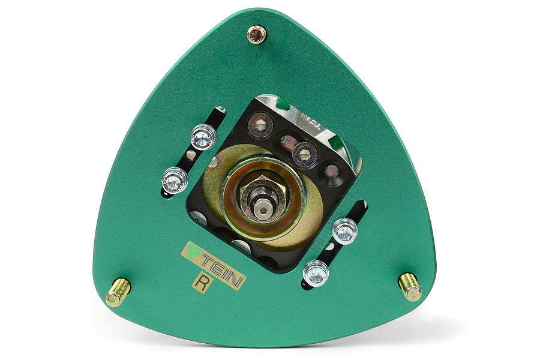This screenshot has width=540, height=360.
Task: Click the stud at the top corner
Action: coord(257,34)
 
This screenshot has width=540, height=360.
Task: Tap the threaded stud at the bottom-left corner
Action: coord(118,292)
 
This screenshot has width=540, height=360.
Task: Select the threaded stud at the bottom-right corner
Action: coord(410,287)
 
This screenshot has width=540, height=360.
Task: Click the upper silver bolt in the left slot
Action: coord(203,137)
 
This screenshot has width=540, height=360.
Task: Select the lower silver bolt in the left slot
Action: coord(175,181)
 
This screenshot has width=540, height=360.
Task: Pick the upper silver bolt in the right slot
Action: coord(344,231)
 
